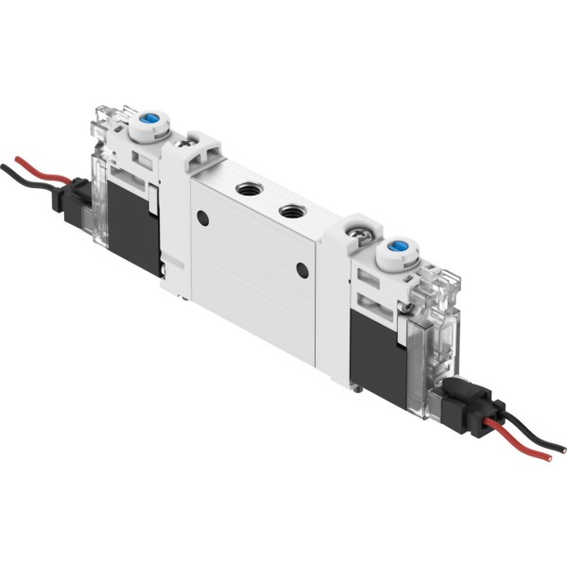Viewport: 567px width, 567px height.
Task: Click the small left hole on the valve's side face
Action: pyautogui.click(x=201, y=218)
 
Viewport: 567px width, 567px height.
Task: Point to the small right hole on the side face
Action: pyautogui.click(x=301, y=272)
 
